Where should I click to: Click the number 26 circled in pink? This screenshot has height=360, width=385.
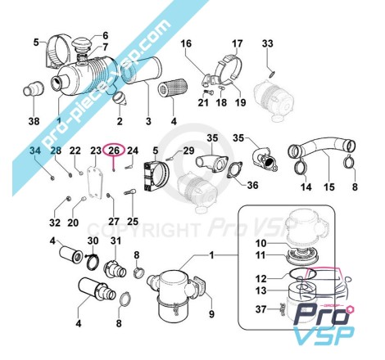pos(114,151)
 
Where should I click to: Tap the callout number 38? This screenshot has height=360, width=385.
pos(34,121)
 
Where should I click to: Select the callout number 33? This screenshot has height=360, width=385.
pos(268,43)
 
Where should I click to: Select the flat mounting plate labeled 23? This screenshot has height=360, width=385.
pos(94,182)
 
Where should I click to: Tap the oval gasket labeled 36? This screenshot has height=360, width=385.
pos(234,170)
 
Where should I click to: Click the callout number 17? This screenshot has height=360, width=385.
pos(237,43)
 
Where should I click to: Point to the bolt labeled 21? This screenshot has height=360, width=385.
pos(209,92)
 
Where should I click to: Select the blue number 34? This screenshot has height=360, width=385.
pos(35,151)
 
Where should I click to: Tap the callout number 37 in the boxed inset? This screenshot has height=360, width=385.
pos(260,309)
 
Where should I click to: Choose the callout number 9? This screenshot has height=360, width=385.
pos(211,314)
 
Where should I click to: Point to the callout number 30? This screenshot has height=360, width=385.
pos(93,241)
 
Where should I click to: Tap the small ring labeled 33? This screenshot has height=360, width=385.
pos(272,74)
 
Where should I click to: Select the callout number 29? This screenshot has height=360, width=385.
pos(188,151)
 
